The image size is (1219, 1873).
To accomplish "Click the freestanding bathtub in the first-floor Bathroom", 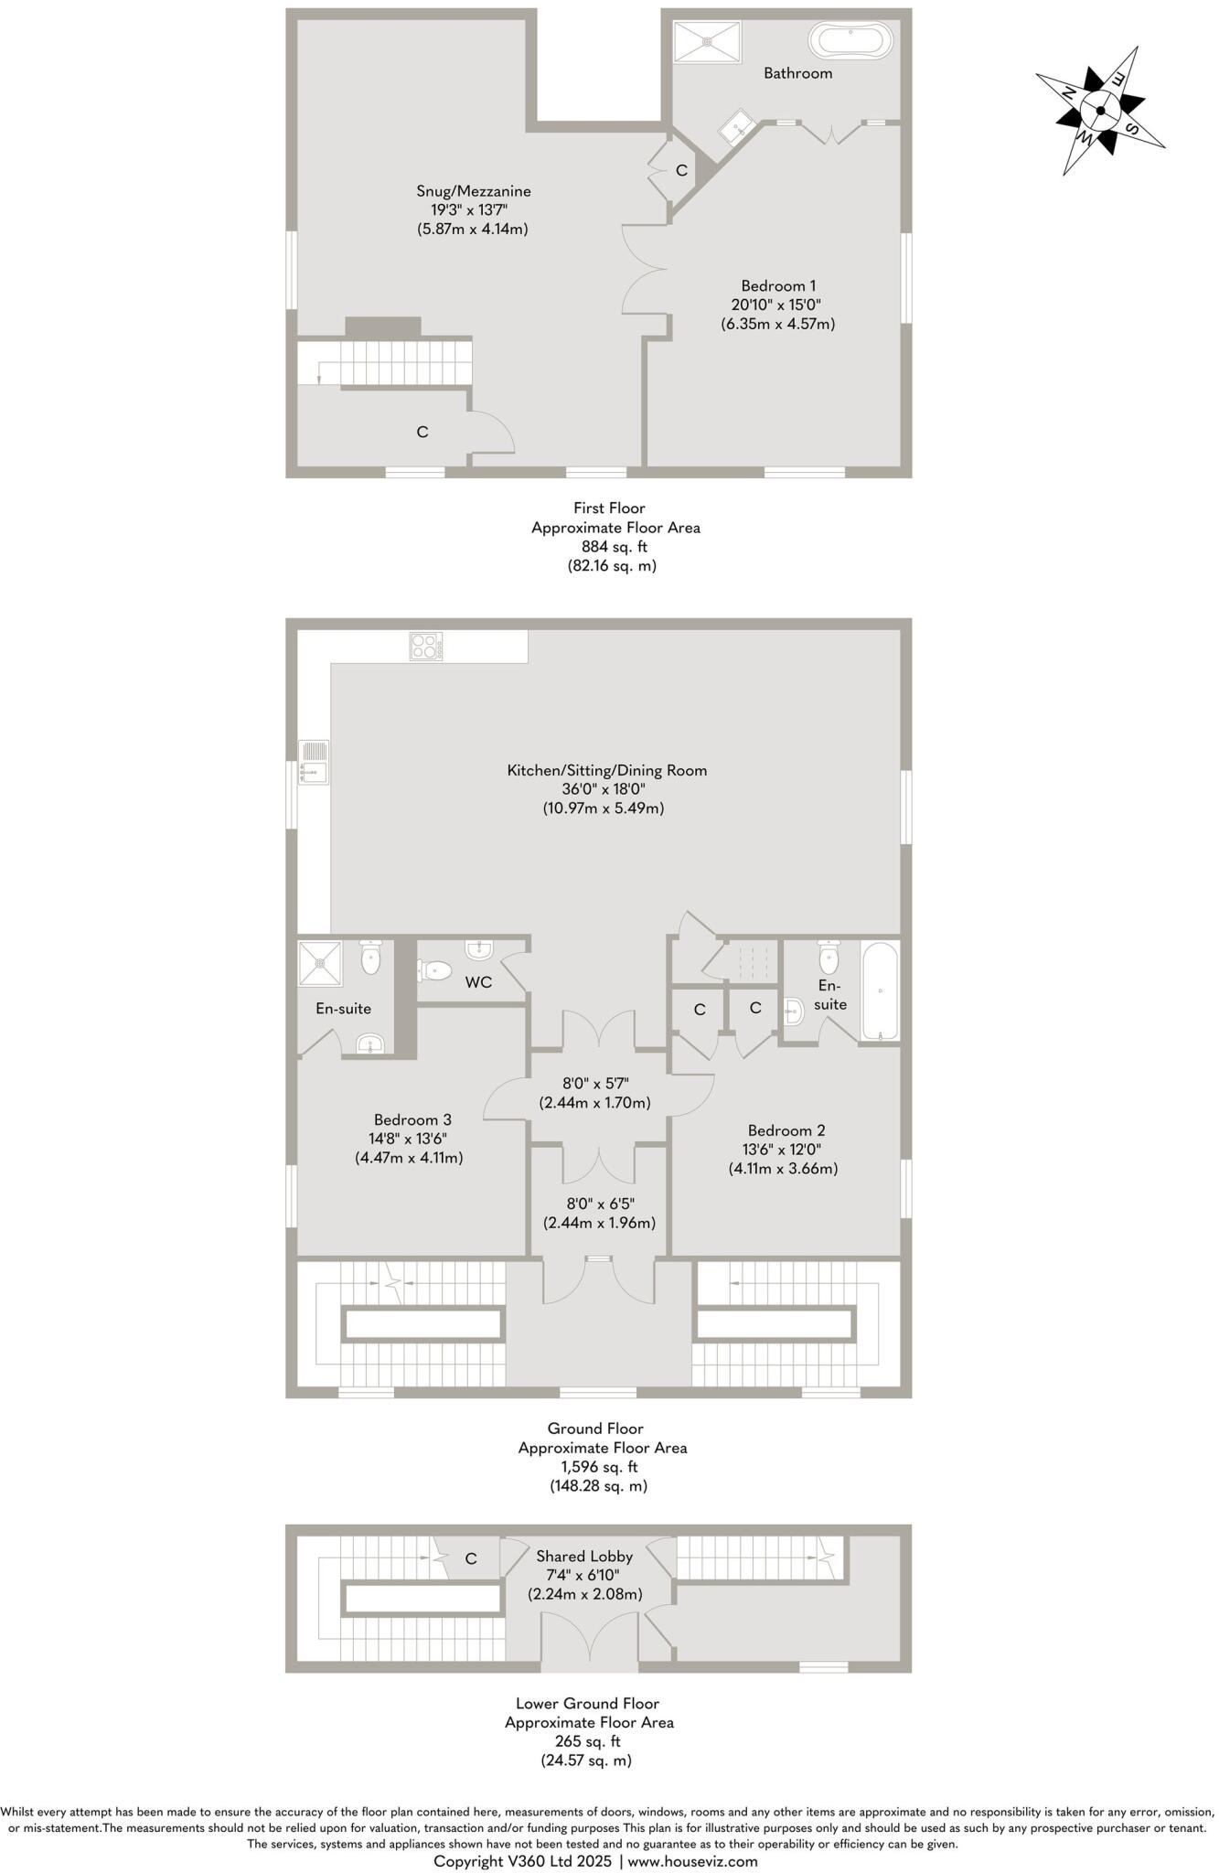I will pos(850,41).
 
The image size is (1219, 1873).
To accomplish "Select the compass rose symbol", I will pos(1099,112).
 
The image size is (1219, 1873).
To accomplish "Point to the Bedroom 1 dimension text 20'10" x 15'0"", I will pos(777,305).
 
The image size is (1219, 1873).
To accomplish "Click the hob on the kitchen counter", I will pos(426,647).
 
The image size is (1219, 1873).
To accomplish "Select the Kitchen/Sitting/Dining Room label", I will pos(607,770).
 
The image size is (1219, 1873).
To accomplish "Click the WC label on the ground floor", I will pos(478,982).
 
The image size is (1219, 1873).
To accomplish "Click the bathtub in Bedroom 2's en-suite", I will pos(880,991).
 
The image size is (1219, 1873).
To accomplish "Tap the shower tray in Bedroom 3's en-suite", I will pos(319,963).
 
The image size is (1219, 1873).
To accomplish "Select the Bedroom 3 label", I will pos(412,1119).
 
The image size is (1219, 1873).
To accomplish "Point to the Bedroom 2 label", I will pos(786,1129).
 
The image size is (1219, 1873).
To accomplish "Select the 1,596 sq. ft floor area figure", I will pos(602,1467).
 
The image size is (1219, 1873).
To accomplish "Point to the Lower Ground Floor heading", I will pos(587,1703).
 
